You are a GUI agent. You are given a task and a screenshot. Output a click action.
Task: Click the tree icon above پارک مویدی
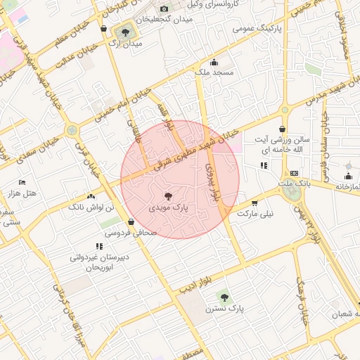click(x=169, y=197)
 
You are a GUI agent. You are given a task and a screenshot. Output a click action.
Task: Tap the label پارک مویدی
click(x=169, y=209)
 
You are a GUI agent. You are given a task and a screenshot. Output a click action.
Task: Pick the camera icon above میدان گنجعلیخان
click(x=165, y=8)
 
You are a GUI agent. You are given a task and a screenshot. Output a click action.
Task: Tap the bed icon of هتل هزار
click(x=22, y=182)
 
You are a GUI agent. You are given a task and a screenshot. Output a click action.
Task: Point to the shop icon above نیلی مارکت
click(x=255, y=202)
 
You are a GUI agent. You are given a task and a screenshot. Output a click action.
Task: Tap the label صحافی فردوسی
click(x=127, y=231)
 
